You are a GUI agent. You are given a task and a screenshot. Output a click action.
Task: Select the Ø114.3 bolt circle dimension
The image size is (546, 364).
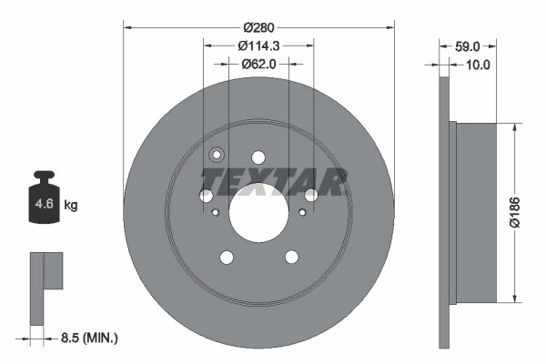tap(258, 45)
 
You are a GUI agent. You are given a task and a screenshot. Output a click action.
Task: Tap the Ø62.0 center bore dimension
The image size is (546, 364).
tap(258, 64)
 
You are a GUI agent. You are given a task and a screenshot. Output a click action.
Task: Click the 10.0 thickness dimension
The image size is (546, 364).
tap(478, 65)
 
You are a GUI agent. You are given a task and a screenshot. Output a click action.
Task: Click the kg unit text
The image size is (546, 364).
tap(71, 206)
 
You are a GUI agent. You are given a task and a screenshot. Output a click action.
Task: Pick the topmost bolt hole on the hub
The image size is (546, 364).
tap(258, 157)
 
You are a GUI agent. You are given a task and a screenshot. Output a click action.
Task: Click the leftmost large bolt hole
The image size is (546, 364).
tap(206, 196)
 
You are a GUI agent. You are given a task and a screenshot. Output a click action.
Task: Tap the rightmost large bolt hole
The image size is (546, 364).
tap(311, 195)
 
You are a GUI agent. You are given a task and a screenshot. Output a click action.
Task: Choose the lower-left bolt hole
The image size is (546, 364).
tap(226, 258)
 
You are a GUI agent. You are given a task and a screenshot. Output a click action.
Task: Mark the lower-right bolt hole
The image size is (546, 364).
tap(291, 258)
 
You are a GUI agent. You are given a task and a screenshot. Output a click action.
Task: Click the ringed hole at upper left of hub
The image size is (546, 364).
tap(217, 155)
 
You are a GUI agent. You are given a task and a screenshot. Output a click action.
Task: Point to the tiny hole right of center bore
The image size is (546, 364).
tap(301, 213)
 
